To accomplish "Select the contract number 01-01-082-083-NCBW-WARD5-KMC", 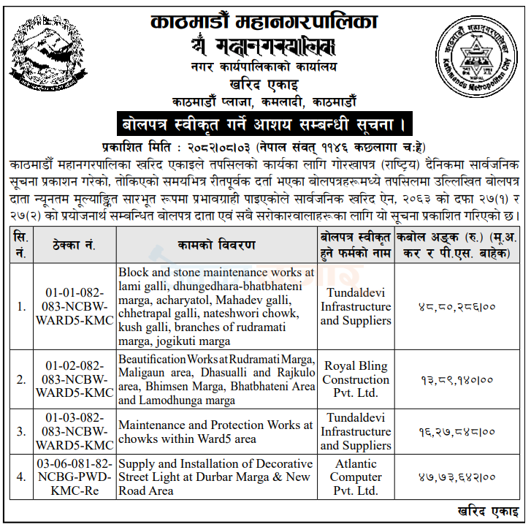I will (74, 306).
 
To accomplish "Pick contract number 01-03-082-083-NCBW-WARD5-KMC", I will (74, 431).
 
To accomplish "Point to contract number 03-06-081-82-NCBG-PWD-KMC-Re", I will (74, 477).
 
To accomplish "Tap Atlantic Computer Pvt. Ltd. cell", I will (356, 477).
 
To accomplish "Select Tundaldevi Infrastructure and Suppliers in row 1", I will (356, 306).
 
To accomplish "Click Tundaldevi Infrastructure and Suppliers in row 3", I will (356, 431).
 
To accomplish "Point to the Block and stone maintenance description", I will (216, 306).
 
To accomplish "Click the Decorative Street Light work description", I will (216, 477).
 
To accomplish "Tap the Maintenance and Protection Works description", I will (216, 431).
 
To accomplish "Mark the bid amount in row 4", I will (458, 478).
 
